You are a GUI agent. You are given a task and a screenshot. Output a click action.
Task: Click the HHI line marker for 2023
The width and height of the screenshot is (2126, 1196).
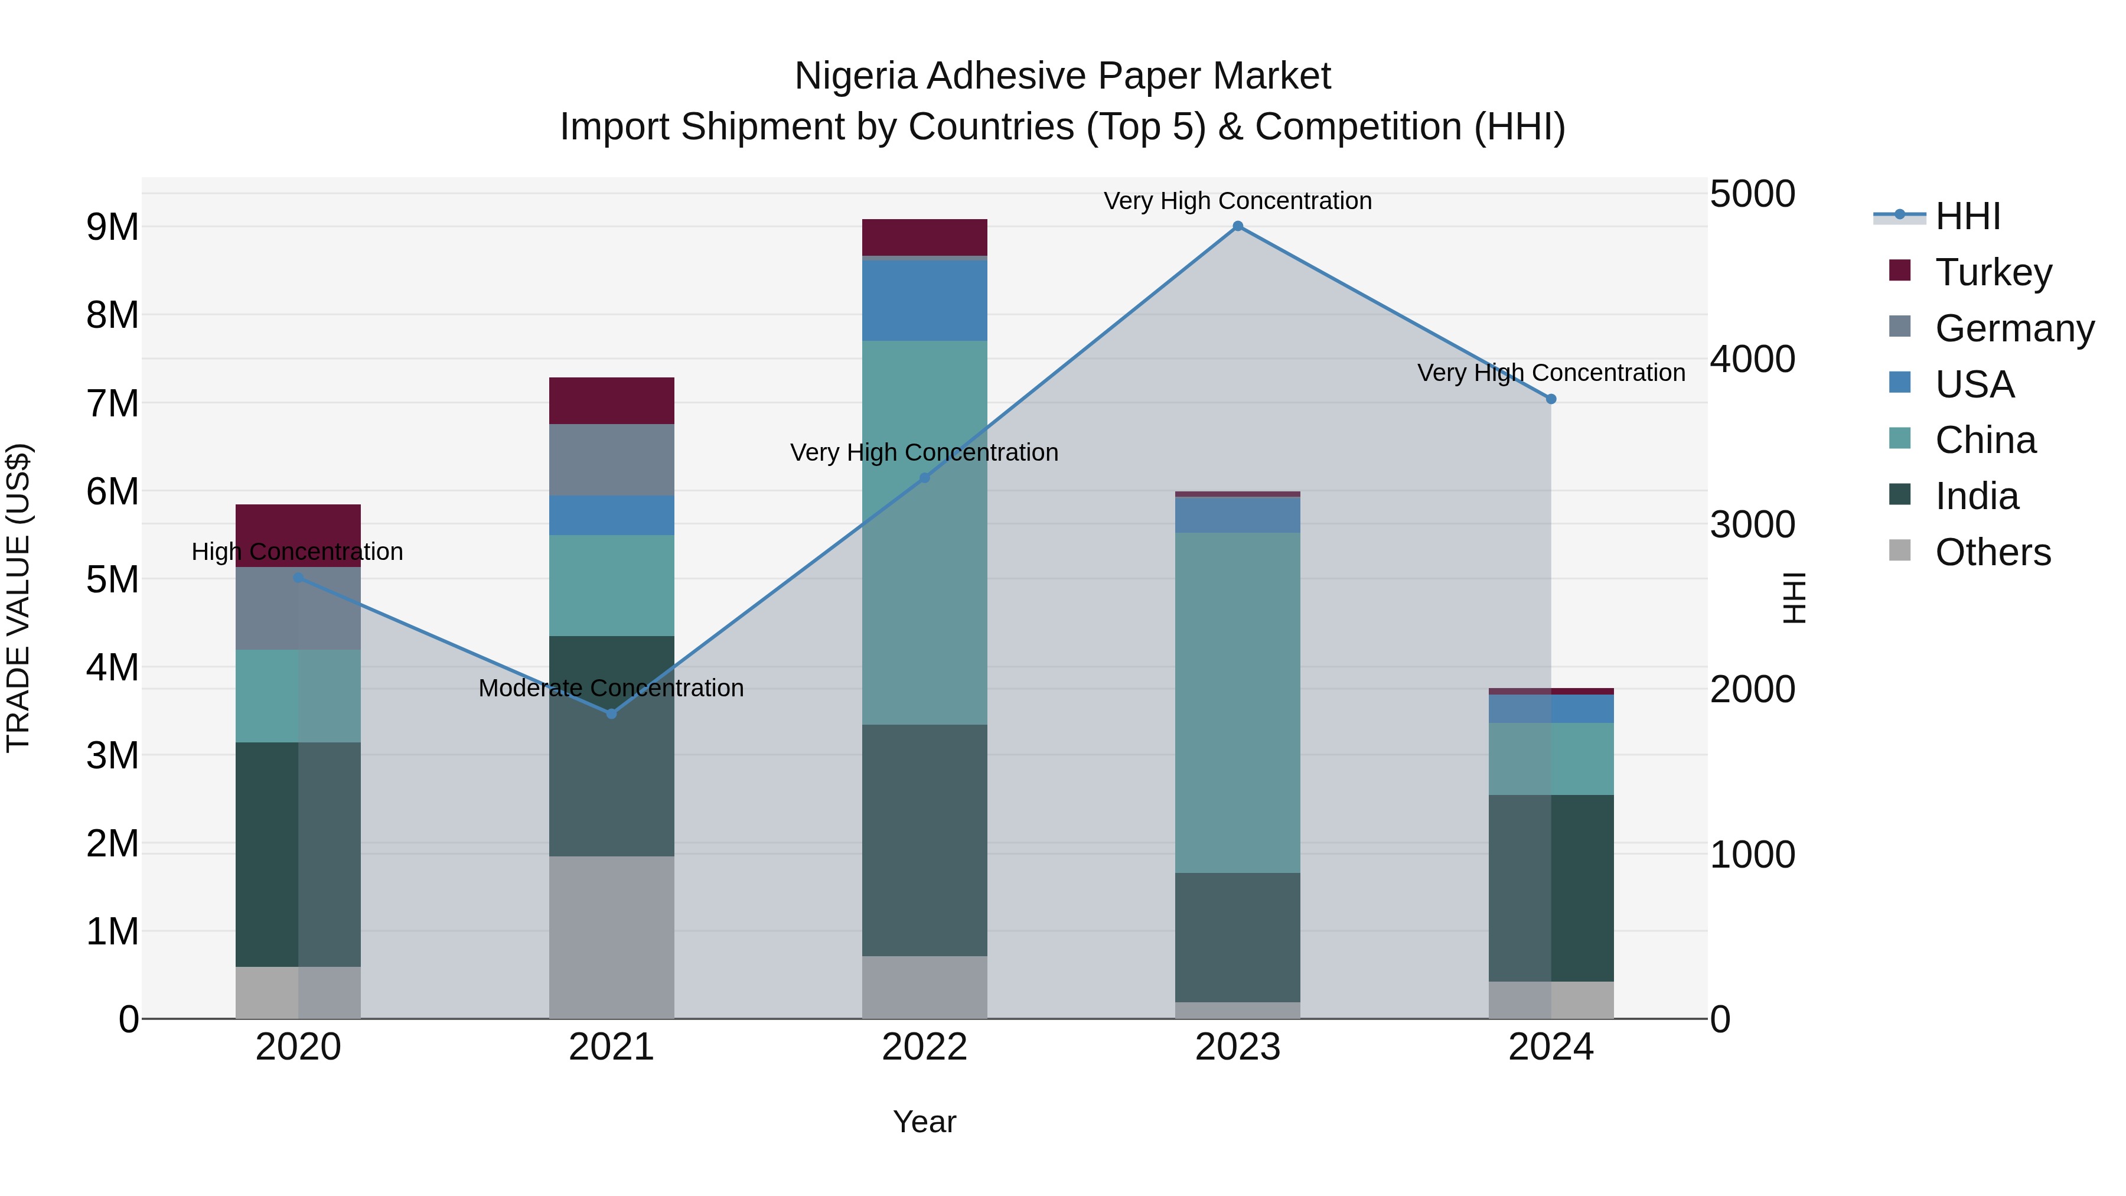[x=1237, y=226]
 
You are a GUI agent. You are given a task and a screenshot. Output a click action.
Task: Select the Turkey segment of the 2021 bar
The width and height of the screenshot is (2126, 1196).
[x=612, y=401]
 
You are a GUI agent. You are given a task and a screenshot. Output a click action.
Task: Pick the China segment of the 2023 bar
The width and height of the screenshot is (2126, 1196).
[x=1237, y=702]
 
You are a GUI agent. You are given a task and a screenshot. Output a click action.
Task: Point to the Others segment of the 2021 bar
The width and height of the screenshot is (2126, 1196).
[x=612, y=937]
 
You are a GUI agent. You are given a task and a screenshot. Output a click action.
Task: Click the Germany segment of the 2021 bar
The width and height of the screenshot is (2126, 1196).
[x=612, y=460]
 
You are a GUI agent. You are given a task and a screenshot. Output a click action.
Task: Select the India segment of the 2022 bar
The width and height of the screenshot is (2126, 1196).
[x=924, y=840]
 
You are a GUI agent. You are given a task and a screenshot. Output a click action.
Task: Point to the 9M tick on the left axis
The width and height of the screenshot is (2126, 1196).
[x=113, y=227]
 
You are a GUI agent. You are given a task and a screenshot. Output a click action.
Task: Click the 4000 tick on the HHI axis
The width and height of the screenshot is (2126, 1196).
[x=1752, y=359]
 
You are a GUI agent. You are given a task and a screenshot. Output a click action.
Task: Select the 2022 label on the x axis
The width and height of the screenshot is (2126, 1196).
[x=924, y=1047]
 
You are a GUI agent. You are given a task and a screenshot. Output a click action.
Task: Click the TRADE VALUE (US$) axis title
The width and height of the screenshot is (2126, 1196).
[x=19, y=598]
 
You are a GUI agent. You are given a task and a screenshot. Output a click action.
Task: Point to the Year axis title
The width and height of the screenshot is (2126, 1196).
[x=924, y=1122]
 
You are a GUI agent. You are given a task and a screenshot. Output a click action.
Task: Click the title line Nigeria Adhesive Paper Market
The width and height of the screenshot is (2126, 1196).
[x=1062, y=76]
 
